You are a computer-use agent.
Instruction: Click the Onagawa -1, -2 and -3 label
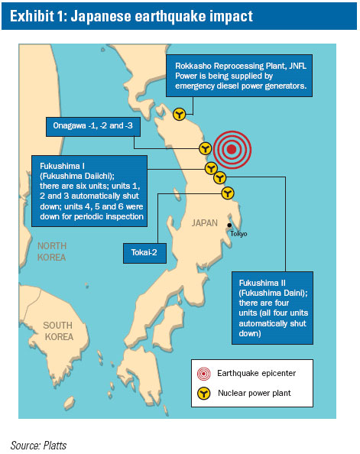(88, 125)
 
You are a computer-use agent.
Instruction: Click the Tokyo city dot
(229, 225)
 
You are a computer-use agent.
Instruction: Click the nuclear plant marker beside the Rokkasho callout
(179, 114)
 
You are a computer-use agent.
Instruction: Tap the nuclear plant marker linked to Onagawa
(205, 148)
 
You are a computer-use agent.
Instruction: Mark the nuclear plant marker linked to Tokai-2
(226, 193)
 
